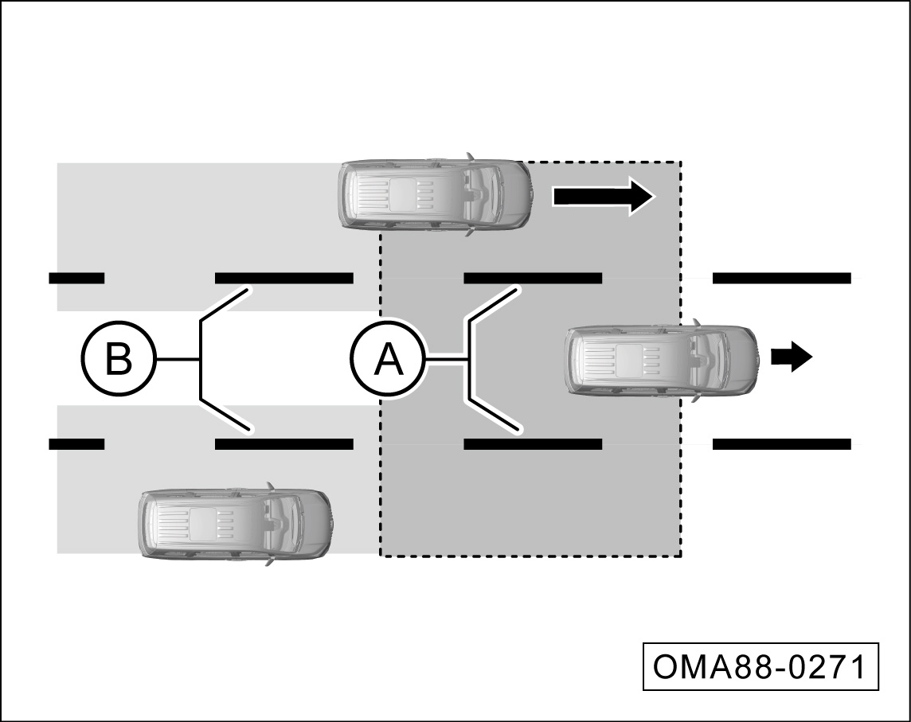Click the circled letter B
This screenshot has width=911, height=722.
coord(119,360)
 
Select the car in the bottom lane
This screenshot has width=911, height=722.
coord(235,523)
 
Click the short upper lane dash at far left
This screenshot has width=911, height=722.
coord(76,278)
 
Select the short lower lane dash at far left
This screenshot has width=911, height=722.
coord(76,443)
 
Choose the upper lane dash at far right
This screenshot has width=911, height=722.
coord(781,278)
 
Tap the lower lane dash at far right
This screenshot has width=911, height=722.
coord(781,443)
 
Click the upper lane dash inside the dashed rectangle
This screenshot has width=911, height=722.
coord(532,278)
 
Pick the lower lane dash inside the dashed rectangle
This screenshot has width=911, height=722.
coord(532,443)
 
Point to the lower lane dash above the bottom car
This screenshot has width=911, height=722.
coord(283,443)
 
